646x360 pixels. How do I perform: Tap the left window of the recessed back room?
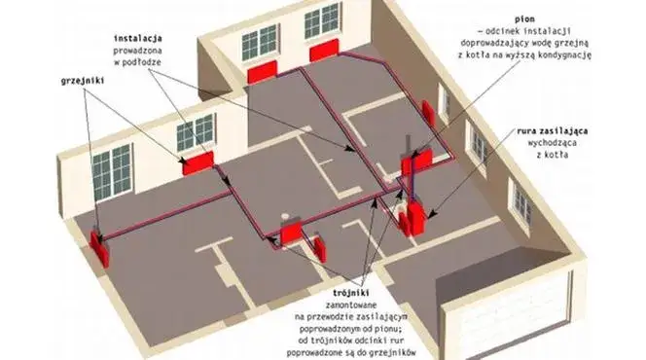[259, 41]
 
